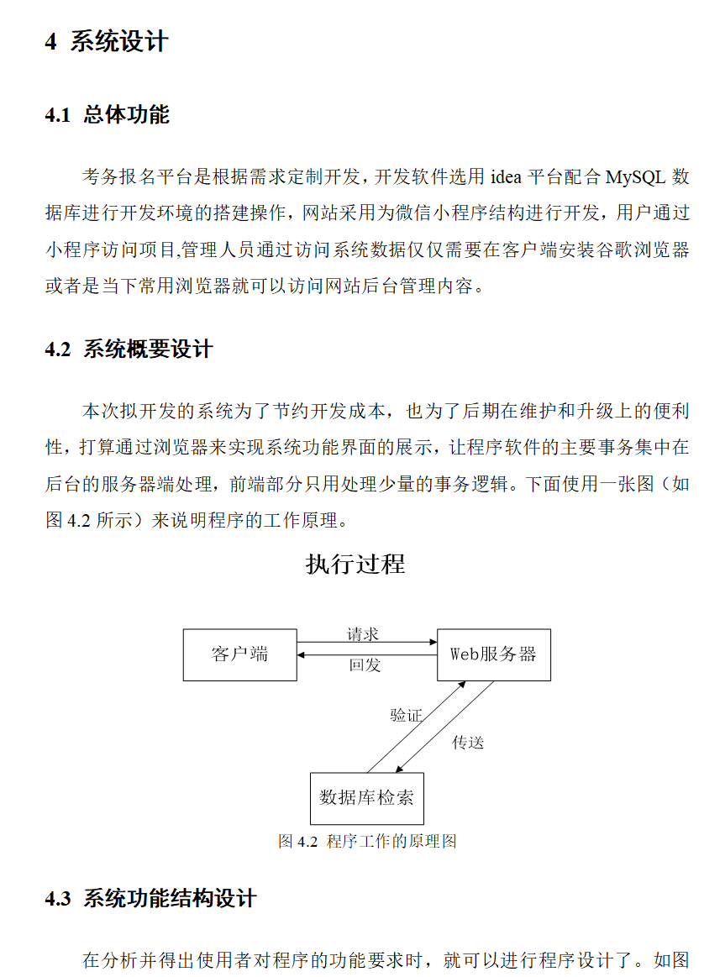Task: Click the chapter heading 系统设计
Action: pos(119,42)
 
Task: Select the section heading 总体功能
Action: pos(126,115)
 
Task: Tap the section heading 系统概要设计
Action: pos(148,349)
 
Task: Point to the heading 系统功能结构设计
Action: pos(169,899)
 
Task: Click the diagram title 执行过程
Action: pos(355,565)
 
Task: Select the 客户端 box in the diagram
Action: pos(239,654)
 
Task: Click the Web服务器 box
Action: pos(493,654)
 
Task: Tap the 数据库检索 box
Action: pos(366,798)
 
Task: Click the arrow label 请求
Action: pos(363,634)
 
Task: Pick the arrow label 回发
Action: pos(365,665)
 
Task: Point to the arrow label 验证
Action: pos(406,715)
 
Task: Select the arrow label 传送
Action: pos(468,743)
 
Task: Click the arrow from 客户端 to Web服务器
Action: pos(366,643)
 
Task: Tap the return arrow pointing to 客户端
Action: pos(366,655)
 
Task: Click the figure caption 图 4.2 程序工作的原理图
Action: pos(367,841)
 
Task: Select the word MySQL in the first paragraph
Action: pos(636,177)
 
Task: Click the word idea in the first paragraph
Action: pos(506,177)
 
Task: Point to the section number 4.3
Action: pos(58,899)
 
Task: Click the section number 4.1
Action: pos(58,115)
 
